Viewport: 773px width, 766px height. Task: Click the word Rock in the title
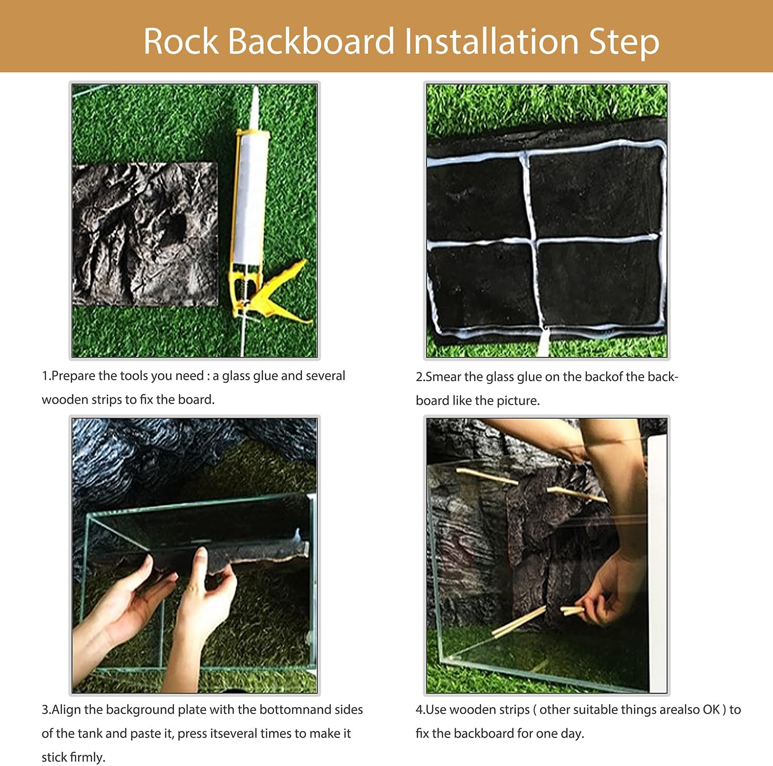pos(180,41)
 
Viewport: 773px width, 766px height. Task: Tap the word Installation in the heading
pos(492,41)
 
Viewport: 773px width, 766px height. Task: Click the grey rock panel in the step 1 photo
pos(144,235)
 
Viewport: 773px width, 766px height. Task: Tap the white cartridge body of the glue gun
pos(250,201)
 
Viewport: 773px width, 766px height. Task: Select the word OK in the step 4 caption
pos(711,710)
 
